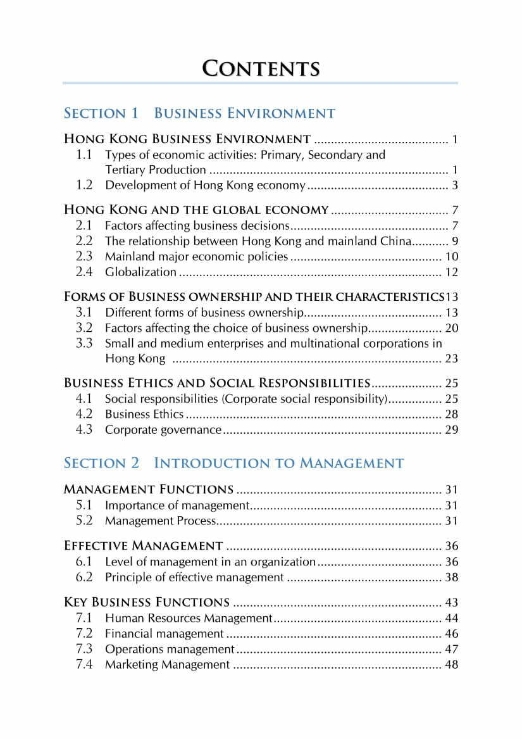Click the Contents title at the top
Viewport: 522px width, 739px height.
pyautogui.click(x=261, y=68)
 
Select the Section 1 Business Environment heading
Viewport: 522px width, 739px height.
pyautogui.click(x=199, y=113)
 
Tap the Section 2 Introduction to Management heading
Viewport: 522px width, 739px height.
pyautogui.click(x=233, y=463)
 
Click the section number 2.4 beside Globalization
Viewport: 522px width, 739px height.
pyautogui.click(x=84, y=272)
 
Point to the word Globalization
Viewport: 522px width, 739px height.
pyautogui.click(x=140, y=272)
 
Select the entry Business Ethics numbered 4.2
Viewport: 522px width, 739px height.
pyautogui.click(x=144, y=414)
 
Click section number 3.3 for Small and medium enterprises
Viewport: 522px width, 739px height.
pyautogui.click(x=84, y=343)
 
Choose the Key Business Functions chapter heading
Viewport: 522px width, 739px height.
pyautogui.click(x=147, y=602)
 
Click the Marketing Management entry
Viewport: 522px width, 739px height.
pyautogui.click(x=167, y=664)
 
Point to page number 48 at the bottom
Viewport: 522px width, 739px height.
pyautogui.click(x=452, y=664)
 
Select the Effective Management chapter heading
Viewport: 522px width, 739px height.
pyautogui.click(x=144, y=545)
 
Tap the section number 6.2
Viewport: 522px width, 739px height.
pyautogui.click(x=84, y=577)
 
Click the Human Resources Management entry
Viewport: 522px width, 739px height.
pyautogui.click(x=189, y=618)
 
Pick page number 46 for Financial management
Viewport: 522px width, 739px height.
pyautogui.click(x=452, y=633)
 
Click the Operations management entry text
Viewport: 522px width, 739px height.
pyautogui.click(x=170, y=649)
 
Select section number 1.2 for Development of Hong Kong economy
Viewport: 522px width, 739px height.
pyautogui.click(x=84, y=185)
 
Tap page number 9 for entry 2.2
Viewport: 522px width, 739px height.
pyautogui.click(x=455, y=241)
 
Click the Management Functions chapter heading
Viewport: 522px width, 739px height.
pyautogui.click(x=149, y=489)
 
